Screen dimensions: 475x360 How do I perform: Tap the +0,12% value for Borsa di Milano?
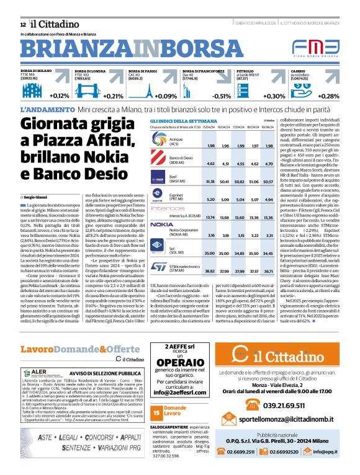click(x=60, y=96)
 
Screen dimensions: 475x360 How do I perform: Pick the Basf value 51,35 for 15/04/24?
click(x=210, y=182)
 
